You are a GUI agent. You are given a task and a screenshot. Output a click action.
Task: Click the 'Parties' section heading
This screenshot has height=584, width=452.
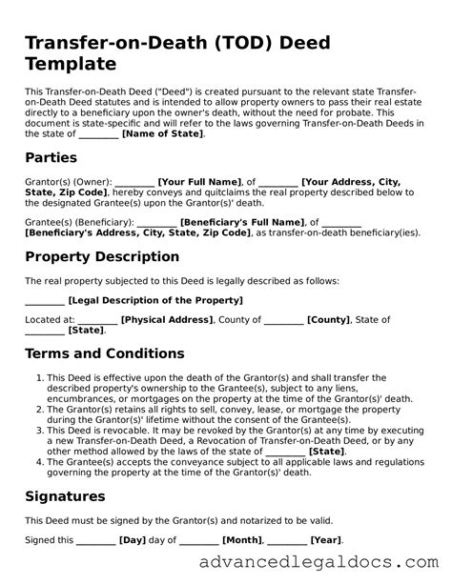pyautogui.click(x=51, y=157)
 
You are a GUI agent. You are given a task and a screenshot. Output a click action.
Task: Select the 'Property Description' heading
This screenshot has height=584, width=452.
pyautogui.click(x=102, y=256)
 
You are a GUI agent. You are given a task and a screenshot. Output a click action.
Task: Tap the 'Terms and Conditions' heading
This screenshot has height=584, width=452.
pyautogui.click(x=105, y=353)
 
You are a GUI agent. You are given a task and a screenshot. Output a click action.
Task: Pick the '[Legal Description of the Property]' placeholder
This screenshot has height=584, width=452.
pyautogui.click(x=143, y=301)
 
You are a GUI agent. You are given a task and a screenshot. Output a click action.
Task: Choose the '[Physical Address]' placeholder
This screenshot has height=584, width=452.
pyautogui.click(x=168, y=321)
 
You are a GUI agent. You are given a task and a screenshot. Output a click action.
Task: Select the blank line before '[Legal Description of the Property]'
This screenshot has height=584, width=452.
pyautogui.click(x=44, y=301)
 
